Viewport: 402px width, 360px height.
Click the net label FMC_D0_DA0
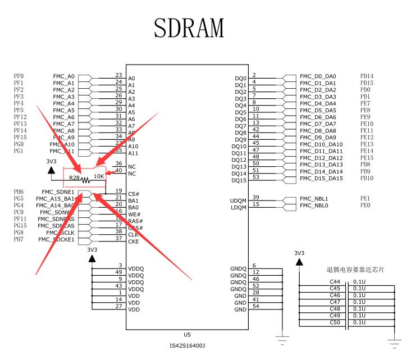(318, 76)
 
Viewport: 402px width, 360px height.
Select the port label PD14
(367, 76)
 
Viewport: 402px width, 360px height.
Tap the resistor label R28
(74, 177)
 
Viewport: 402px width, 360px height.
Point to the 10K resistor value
(99, 176)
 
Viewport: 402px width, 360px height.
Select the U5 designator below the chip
(188, 334)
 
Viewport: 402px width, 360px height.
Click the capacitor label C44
(335, 281)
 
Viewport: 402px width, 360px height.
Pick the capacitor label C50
(335, 322)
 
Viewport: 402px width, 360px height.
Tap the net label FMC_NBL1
(314, 199)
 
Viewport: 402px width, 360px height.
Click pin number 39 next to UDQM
(255, 197)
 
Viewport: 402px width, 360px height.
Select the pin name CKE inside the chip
(133, 241)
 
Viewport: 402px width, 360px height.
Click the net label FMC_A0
(63, 76)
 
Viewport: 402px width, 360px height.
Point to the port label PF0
(19, 76)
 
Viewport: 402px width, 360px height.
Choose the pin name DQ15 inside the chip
(239, 181)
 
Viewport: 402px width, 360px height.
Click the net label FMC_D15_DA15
(321, 179)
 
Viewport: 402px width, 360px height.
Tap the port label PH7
(19, 240)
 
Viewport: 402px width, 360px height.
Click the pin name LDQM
(238, 208)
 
